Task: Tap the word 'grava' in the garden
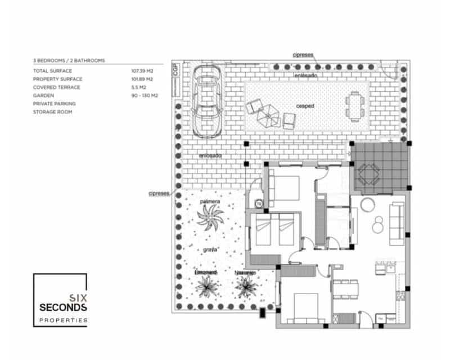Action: tap(210, 248)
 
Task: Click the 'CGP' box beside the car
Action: tap(176, 70)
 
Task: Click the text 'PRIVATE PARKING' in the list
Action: tap(54, 103)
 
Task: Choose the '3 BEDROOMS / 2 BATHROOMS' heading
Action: tap(69, 60)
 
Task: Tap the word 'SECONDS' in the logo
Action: tap(63, 308)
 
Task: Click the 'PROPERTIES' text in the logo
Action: tap(63, 319)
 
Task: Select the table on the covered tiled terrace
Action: tap(369, 174)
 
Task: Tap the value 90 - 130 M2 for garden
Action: tap(145, 96)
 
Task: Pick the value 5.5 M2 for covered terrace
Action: tap(139, 87)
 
